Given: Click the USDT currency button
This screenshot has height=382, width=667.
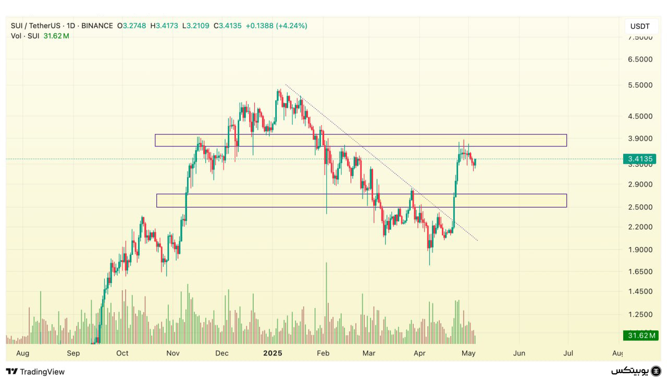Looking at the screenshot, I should pyautogui.click(x=639, y=26).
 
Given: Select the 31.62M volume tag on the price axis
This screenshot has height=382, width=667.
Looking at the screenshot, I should pyautogui.click(x=641, y=335).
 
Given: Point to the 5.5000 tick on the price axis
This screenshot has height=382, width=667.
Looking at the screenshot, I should pyautogui.click(x=640, y=85).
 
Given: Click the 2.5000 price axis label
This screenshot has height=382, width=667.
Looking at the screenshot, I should pyautogui.click(x=640, y=207).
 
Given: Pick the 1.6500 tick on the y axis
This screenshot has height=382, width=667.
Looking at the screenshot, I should pyautogui.click(x=640, y=272).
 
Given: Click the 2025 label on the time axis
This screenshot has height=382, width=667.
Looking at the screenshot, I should pyautogui.click(x=273, y=353).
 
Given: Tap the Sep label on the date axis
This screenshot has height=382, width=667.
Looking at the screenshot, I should pyautogui.click(x=73, y=353).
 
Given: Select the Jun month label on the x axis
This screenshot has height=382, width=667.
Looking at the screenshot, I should pyautogui.click(x=519, y=353).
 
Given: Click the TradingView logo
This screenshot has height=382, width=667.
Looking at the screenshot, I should pyautogui.click(x=35, y=372).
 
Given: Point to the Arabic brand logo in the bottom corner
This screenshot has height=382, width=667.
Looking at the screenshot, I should pyautogui.click(x=636, y=371).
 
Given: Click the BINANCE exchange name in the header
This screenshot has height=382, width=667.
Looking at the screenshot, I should pyautogui.click(x=97, y=26).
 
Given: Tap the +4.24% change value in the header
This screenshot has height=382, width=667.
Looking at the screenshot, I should pyautogui.click(x=291, y=26).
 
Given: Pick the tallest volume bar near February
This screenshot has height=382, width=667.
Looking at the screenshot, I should pyautogui.click(x=326, y=302).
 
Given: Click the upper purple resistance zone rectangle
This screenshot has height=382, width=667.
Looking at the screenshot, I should pyautogui.click(x=361, y=140).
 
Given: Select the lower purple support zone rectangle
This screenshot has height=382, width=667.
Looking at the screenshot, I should pyautogui.click(x=361, y=201).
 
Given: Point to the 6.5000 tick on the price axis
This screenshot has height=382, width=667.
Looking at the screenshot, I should pyautogui.click(x=640, y=59).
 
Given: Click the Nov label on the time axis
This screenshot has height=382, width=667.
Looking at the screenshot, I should pyautogui.click(x=173, y=353).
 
